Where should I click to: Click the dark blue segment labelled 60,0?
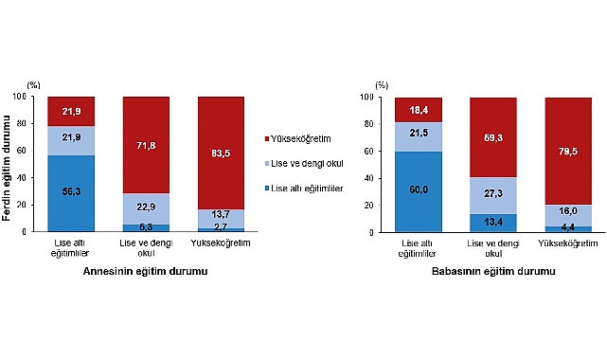[x=419, y=189]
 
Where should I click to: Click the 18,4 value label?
[x=419, y=111]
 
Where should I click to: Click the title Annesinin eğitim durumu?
[x=146, y=272]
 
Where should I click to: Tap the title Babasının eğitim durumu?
[x=493, y=272]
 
